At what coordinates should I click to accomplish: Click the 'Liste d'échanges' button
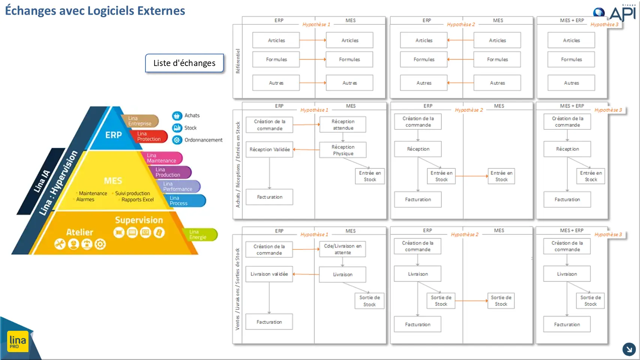(x=184, y=63)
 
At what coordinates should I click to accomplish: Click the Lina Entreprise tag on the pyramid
(x=141, y=121)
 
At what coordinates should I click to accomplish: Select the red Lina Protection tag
(x=149, y=136)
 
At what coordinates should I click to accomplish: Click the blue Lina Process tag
(x=185, y=201)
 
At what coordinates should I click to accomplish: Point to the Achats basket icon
(x=177, y=116)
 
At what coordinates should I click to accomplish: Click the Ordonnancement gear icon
(x=177, y=140)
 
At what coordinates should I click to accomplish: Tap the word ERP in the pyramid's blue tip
(x=114, y=135)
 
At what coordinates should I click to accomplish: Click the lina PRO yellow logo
(x=18, y=341)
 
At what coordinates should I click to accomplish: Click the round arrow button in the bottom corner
(x=629, y=349)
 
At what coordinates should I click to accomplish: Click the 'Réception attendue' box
(x=343, y=124)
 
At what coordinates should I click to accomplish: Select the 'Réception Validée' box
(x=270, y=149)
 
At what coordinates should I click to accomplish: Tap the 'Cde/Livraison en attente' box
(x=343, y=249)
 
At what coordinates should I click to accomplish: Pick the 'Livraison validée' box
(x=269, y=274)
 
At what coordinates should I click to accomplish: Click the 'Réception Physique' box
(x=343, y=150)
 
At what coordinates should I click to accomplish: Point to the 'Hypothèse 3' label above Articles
(x=604, y=25)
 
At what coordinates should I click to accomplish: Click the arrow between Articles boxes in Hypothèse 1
(x=313, y=40)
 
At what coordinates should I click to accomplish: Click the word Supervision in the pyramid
(x=139, y=220)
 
